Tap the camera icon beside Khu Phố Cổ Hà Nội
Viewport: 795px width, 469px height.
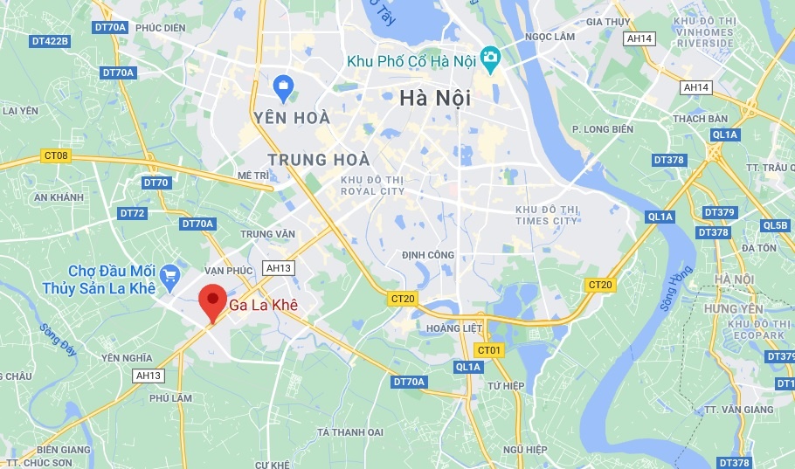coord(490,60)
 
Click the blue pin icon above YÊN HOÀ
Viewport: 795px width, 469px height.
coord(283,86)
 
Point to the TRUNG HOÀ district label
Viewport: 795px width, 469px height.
coord(319,160)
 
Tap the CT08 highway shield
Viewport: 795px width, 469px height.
coord(54,156)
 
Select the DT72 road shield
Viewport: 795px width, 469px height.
coord(132,213)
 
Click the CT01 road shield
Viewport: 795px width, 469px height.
coord(490,350)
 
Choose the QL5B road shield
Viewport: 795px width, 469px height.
coord(775,224)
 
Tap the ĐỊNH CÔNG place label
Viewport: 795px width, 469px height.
coord(427,255)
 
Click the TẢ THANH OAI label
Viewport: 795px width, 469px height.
coord(349,431)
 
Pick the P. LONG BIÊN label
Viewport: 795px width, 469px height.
coord(601,129)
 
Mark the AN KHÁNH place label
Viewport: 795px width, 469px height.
coord(59,197)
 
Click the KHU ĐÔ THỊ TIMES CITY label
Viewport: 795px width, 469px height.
coord(546,215)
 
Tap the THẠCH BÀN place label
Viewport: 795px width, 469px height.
coord(700,119)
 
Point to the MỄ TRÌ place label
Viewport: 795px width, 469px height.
coord(253,176)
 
